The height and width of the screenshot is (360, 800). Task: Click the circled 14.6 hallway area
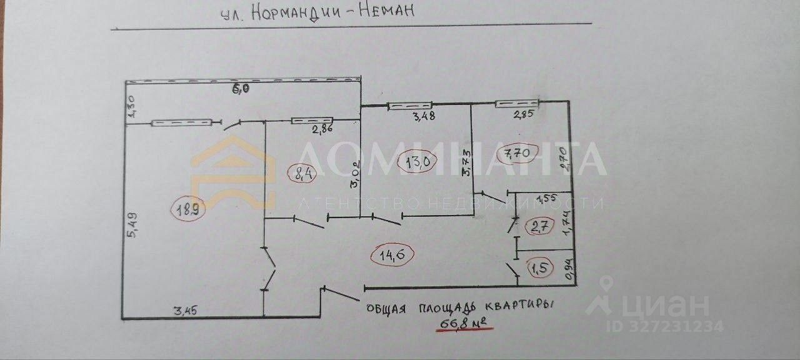pyautogui.click(x=391, y=253)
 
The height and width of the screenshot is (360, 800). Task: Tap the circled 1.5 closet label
pyautogui.click(x=539, y=269)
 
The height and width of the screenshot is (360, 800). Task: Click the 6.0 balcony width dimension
pyautogui.click(x=241, y=89)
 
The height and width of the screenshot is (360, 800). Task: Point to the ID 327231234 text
pyautogui.click(x=666, y=326)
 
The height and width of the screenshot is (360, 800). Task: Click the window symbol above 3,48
pyautogui.click(x=410, y=106)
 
